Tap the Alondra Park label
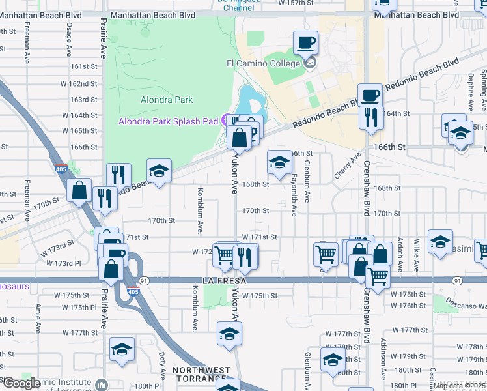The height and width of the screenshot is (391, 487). (x=167, y=100)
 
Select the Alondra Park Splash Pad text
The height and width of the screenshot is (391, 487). (x=168, y=121)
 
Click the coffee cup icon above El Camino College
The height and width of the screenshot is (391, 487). (x=305, y=44)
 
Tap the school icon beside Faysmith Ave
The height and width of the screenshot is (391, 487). (x=279, y=162)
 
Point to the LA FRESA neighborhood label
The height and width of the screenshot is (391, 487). (x=208, y=280)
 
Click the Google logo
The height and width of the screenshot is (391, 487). (x=21, y=384)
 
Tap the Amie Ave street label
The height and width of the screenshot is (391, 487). (x=38, y=315)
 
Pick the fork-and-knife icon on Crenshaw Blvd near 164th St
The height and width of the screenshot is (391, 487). (x=370, y=118)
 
